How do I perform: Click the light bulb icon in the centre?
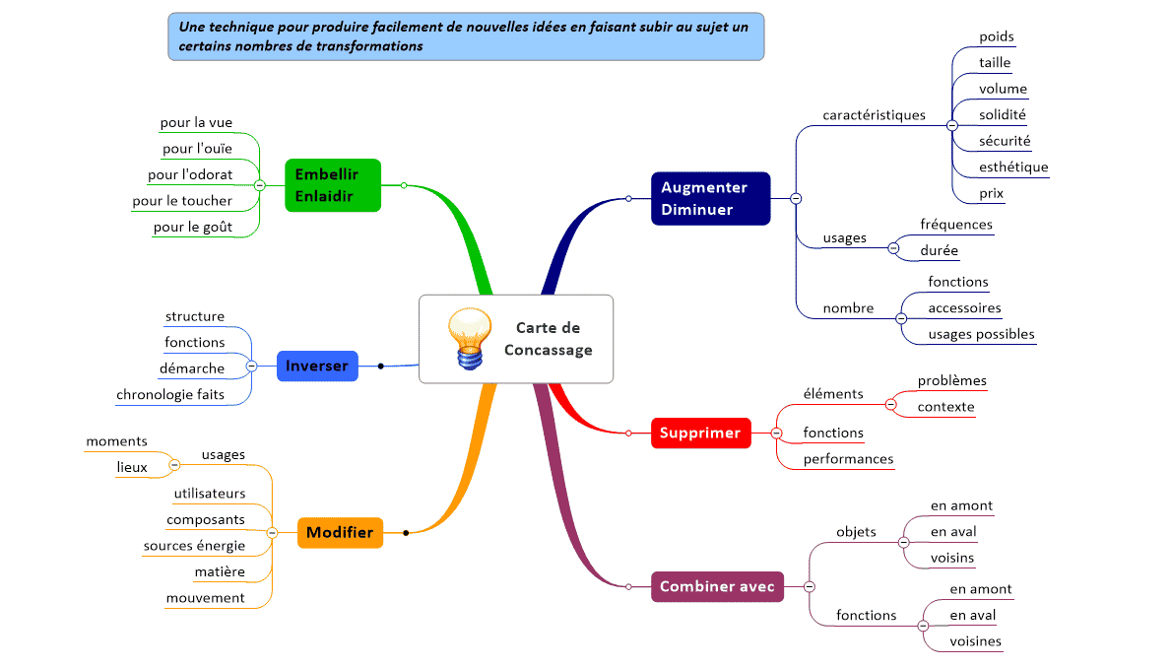(x=470, y=338)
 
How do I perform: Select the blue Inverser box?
(x=317, y=366)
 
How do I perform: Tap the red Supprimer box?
(x=699, y=433)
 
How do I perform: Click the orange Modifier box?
(x=340, y=532)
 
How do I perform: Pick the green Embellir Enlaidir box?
(x=332, y=184)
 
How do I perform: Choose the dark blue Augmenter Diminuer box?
(x=709, y=198)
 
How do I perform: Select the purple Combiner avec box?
(x=717, y=586)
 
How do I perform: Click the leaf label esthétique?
(x=1013, y=167)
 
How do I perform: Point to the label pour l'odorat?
(x=190, y=175)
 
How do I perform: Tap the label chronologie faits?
(x=170, y=394)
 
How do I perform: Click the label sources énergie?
(x=194, y=545)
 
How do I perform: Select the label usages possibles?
(x=981, y=333)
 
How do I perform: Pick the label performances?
(x=848, y=458)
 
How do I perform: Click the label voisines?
(x=975, y=641)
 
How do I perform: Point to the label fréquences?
(x=956, y=224)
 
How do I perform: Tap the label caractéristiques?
(x=874, y=114)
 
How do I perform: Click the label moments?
(x=116, y=440)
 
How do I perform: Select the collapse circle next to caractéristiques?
(x=951, y=125)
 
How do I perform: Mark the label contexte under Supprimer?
(x=945, y=406)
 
